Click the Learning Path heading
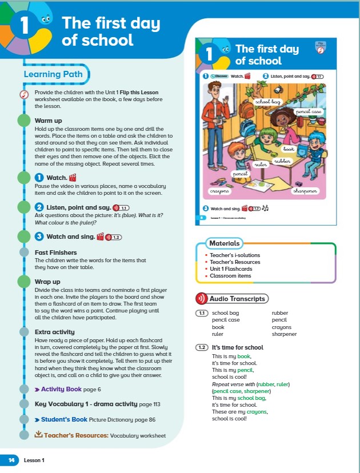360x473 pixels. tap(53, 74)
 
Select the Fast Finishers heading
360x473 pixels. tap(55, 252)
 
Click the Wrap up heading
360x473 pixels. tap(47, 282)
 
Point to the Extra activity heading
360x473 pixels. tap(58, 332)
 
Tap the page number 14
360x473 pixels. tap(11, 460)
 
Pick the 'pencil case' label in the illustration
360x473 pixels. tap(309, 112)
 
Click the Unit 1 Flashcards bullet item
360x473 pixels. tap(231, 269)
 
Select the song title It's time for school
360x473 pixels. tap(238, 347)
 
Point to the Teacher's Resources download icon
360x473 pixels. tap(39, 435)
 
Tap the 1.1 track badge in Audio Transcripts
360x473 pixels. tap(201, 313)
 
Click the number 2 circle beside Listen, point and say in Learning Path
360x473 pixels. tap(39, 207)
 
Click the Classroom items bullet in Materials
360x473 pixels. tap(230, 276)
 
